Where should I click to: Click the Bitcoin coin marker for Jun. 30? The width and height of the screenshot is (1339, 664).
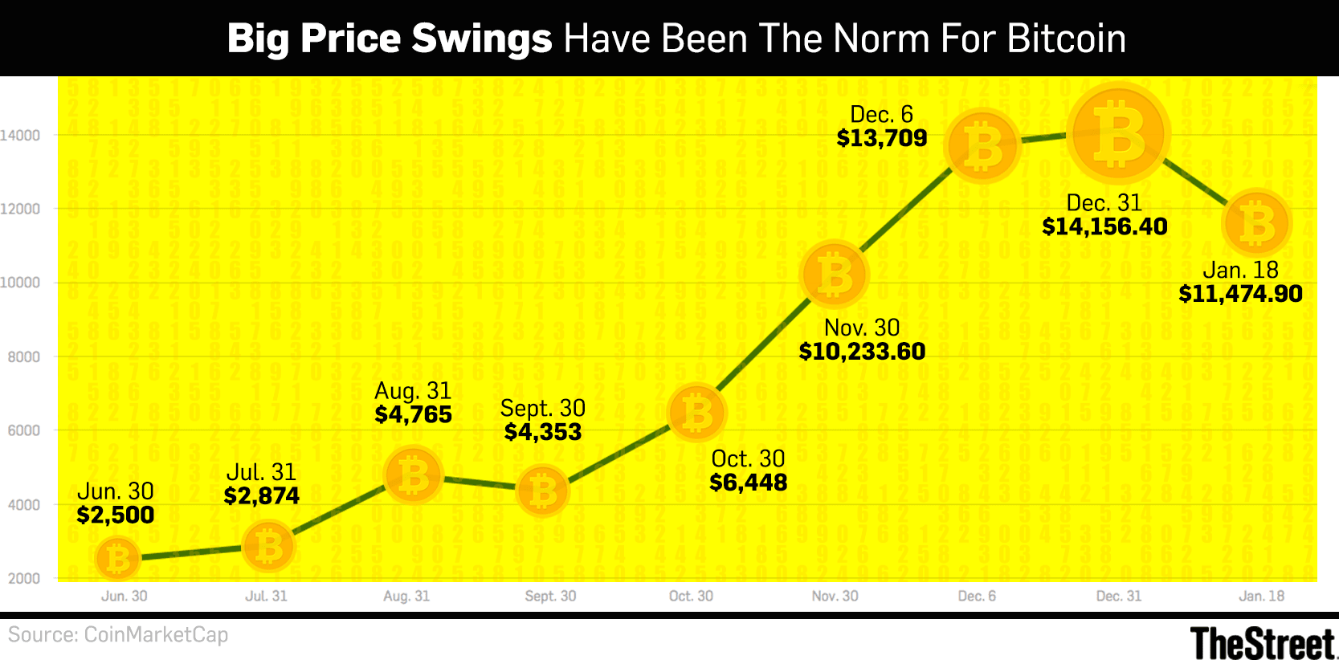(118, 559)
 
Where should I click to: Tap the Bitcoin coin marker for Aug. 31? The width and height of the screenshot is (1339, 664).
(414, 475)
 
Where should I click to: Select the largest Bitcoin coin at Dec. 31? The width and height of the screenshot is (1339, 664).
(1118, 134)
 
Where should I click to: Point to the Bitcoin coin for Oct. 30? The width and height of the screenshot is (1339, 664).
(696, 413)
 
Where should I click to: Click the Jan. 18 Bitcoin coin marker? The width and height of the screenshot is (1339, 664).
(1256, 223)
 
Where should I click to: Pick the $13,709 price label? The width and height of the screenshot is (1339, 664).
(882, 138)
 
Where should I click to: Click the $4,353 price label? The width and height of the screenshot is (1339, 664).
(543, 432)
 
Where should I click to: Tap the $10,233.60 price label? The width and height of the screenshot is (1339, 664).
(862, 352)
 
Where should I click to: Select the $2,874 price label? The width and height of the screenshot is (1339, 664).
(262, 496)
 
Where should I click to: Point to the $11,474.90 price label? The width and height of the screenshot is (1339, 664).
(1240, 294)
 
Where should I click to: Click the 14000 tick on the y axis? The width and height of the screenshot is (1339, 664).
(20, 136)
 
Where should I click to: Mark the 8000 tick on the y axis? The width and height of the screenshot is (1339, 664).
(23, 357)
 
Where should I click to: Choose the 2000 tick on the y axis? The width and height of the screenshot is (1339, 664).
(23, 579)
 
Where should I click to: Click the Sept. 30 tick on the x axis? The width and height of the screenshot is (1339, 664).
(550, 597)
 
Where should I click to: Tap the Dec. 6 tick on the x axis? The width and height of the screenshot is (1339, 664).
(977, 597)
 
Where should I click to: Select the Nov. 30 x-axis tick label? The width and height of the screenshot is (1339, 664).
(835, 597)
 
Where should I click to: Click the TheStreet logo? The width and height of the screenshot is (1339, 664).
(1262, 644)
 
